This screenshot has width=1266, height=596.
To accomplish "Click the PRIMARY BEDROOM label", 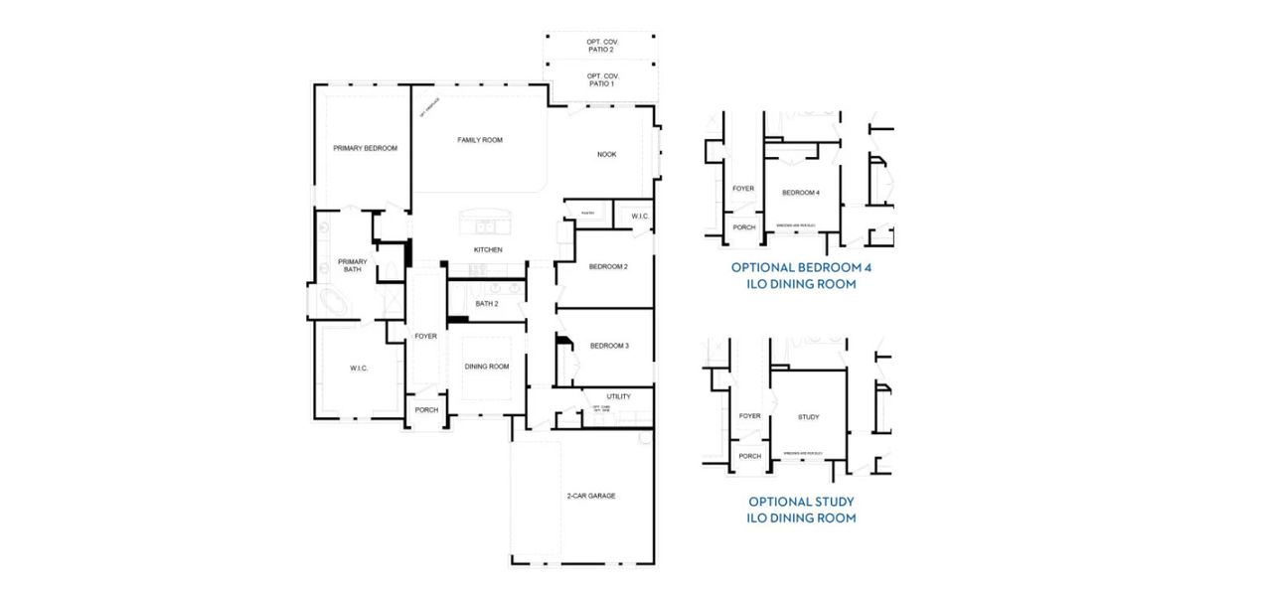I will pyautogui.click(x=365, y=148).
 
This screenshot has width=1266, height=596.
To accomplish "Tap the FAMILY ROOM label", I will pyautogui.click(x=479, y=140).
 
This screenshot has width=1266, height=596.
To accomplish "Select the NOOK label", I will pyautogui.click(x=606, y=154).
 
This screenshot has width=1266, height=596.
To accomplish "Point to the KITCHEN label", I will pyautogui.click(x=487, y=249).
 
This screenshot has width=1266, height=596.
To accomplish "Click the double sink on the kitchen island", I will pyautogui.click(x=479, y=223).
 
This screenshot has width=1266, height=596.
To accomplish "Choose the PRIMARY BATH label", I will pyautogui.click(x=352, y=265).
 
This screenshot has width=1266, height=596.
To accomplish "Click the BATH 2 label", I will pyautogui.click(x=486, y=303).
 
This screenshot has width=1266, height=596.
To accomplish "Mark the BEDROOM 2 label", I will pyautogui.click(x=607, y=266).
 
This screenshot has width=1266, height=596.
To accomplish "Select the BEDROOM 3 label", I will pyautogui.click(x=608, y=346).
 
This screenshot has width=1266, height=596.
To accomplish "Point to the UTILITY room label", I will pyautogui.click(x=618, y=396).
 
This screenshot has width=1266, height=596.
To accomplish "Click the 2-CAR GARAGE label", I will pyautogui.click(x=583, y=495).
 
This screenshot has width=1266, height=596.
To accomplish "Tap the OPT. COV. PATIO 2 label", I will pyautogui.click(x=600, y=45).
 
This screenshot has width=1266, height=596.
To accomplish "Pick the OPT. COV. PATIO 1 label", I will pyautogui.click(x=600, y=79).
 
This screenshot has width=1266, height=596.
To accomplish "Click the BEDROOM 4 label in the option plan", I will pyautogui.click(x=800, y=192).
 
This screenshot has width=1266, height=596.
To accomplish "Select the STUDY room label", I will pyautogui.click(x=808, y=417).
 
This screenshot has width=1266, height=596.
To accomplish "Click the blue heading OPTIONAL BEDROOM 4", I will pyautogui.click(x=801, y=267).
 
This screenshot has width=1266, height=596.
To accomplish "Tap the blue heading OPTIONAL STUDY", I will pyautogui.click(x=801, y=502).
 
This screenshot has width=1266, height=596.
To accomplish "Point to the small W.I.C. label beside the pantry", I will pyautogui.click(x=639, y=216).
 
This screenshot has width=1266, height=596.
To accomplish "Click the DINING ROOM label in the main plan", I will pyautogui.click(x=486, y=367).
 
